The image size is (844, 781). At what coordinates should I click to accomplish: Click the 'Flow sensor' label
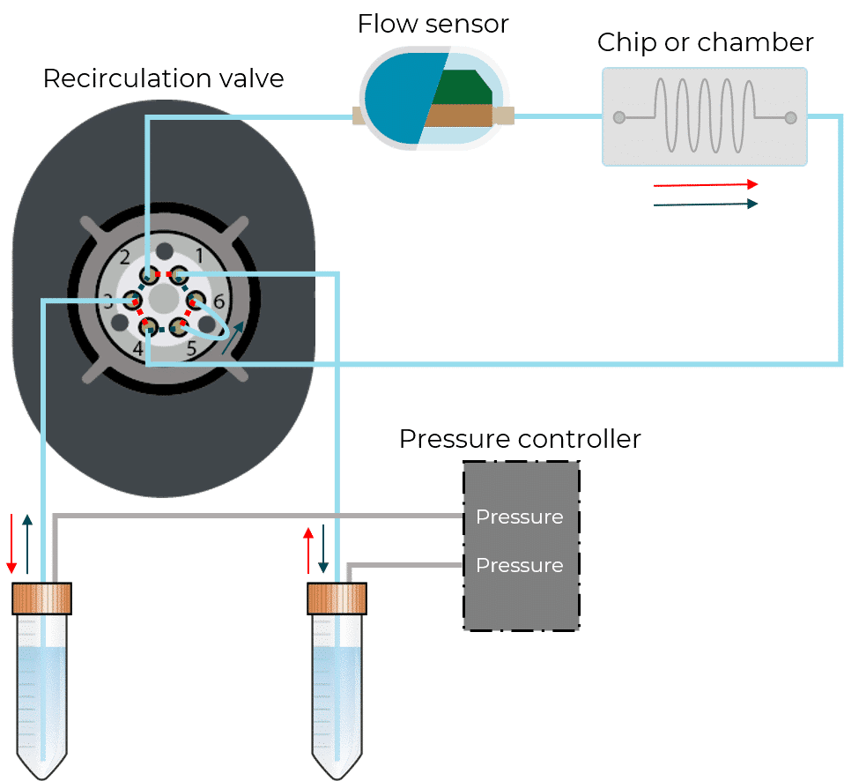pyautogui.click(x=433, y=24)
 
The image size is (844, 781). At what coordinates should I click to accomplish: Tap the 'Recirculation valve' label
pyautogui.click(x=163, y=78)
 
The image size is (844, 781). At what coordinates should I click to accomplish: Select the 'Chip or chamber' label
pyautogui.click(x=705, y=42)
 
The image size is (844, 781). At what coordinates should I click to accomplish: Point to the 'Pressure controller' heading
pyautogui.click(x=520, y=439)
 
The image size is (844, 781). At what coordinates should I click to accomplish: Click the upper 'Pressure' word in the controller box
pyautogui.click(x=519, y=517)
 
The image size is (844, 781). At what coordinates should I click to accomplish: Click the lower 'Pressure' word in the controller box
pyautogui.click(x=519, y=565)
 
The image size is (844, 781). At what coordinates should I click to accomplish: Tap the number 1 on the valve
pyautogui.click(x=198, y=256)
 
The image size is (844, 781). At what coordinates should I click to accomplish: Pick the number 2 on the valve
pyautogui.click(x=125, y=257)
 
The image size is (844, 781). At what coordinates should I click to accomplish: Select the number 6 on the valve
pyautogui.click(x=218, y=301)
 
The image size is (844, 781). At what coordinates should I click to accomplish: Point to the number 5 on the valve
pyautogui.click(x=191, y=349)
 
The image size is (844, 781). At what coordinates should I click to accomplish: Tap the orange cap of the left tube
pyautogui.click(x=41, y=599)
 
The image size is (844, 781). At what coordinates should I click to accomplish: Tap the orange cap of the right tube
pyautogui.click(x=337, y=599)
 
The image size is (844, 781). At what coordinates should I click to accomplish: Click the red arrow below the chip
pyautogui.click(x=706, y=185)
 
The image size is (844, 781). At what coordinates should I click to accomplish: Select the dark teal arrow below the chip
pyautogui.click(x=706, y=205)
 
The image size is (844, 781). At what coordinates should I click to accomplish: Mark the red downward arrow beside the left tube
pyautogui.click(x=11, y=542)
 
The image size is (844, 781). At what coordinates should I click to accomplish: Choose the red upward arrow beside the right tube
pyautogui.click(x=308, y=548)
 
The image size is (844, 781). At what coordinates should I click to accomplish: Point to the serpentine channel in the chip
pyautogui.click(x=705, y=116)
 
